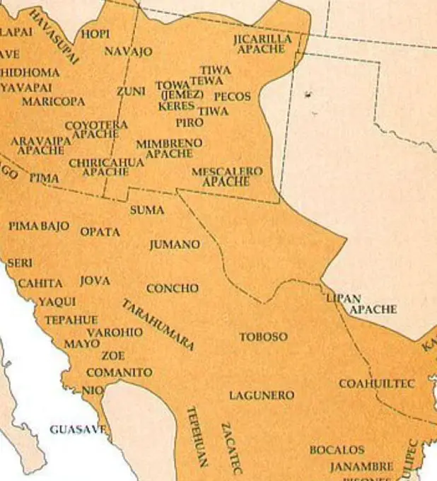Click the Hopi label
95,33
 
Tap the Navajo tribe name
128,52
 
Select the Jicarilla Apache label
262,44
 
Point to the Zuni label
131,91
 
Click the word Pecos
232,96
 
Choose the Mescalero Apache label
226,177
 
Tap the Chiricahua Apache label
106,167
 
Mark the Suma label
147,210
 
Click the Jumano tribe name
174,245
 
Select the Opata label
100,232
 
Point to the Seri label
20,263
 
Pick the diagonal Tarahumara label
158,325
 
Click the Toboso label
263,337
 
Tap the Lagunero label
261,395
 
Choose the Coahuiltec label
376,383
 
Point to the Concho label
172,289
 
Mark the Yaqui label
57,302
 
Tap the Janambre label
361,467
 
